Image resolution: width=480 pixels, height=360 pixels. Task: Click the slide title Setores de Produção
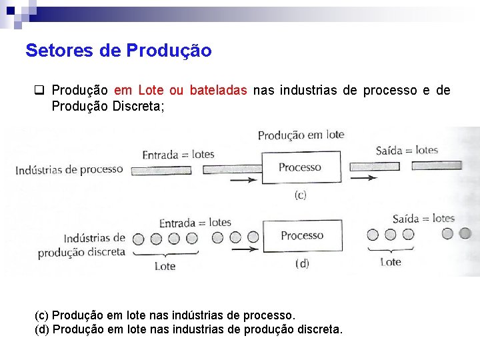tap(119, 51)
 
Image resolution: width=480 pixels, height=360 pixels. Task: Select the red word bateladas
tap(218, 90)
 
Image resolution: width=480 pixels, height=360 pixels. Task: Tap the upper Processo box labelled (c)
tap(299, 168)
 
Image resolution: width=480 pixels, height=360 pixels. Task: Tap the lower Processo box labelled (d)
tap(301, 236)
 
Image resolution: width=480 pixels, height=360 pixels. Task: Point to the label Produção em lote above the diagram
tap(301, 135)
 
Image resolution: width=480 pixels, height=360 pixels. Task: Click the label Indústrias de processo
tap(69, 169)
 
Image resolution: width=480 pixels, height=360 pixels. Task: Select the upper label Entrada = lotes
tap(178, 155)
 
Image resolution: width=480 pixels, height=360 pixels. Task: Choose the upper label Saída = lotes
tap(407, 150)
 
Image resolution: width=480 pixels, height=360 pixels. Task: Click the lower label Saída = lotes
tap(423, 219)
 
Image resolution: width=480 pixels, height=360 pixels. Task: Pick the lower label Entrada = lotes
tap(195, 223)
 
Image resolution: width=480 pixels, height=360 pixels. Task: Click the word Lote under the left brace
tap(165, 266)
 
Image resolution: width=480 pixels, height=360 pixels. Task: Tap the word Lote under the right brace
tap(391, 262)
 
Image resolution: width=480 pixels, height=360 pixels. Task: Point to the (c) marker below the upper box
tap(300, 195)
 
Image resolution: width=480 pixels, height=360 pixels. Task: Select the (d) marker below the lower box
tap(302, 263)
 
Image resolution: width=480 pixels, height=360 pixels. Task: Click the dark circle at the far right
tap(465, 233)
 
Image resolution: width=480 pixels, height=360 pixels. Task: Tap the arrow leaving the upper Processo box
tap(363, 177)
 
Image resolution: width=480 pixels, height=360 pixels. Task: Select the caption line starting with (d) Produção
tap(188, 329)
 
